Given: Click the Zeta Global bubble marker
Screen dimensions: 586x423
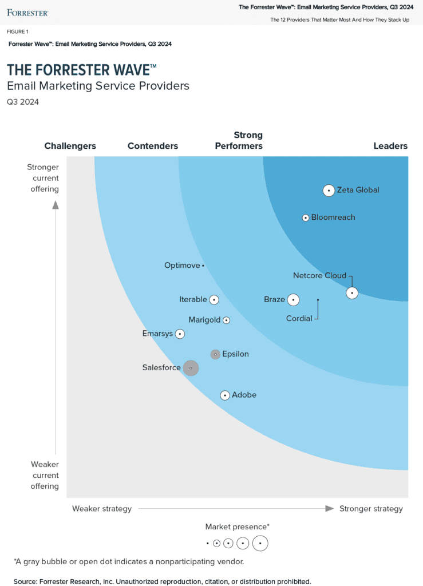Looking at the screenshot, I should point(329,191).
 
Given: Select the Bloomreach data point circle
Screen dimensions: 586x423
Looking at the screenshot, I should point(306,217).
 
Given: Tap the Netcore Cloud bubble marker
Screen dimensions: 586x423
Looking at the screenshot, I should point(352,293).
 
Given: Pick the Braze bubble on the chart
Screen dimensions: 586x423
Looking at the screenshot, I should point(293,300).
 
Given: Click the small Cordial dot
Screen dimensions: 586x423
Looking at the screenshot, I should point(318,299).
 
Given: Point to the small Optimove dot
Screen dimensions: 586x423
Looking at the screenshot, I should point(203,266).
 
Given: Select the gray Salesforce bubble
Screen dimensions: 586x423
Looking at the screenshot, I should point(191,368).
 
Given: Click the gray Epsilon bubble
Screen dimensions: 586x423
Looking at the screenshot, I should point(215,354).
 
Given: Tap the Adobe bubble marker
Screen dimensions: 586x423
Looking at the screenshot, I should point(225,395).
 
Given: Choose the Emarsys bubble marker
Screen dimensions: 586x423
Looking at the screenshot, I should point(180,334).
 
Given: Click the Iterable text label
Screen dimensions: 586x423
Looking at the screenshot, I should point(193,299).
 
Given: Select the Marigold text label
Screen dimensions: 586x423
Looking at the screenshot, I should point(204,320).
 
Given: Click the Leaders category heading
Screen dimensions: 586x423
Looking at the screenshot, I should point(390,146).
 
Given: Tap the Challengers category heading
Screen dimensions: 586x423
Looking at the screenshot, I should point(70,146).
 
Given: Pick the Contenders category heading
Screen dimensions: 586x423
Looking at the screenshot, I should point(153,146).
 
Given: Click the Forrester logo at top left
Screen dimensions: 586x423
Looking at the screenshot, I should point(27,12).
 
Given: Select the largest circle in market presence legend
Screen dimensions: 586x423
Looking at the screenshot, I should point(260,543).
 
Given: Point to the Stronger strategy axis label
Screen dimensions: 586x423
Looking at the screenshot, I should point(371,509).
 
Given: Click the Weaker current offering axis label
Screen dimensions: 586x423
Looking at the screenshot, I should point(45,476).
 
